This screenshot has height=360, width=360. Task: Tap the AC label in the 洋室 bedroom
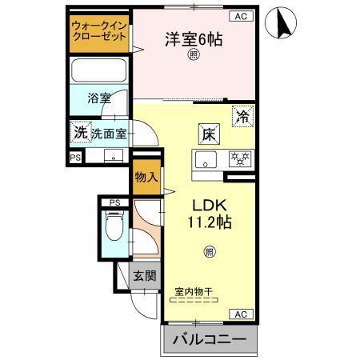click(x=239, y=16)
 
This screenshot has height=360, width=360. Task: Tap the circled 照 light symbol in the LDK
click(x=209, y=250)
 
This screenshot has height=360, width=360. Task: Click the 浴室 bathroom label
click(x=100, y=98)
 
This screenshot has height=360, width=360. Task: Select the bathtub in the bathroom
click(x=98, y=71)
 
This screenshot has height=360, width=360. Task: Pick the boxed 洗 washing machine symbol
click(x=79, y=132)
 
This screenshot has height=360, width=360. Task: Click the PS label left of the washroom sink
click(x=75, y=158)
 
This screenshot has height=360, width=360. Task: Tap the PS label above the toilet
click(x=114, y=202)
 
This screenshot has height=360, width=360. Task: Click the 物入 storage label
click(x=145, y=176)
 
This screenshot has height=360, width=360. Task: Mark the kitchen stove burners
click(x=238, y=158)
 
